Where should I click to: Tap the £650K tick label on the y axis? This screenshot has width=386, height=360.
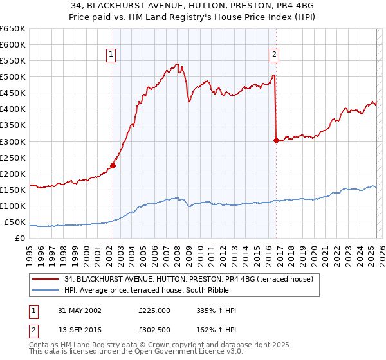coord(13,29)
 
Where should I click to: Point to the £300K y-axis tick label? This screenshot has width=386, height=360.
coord(13,141)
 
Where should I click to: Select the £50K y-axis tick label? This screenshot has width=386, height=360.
coord(15,222)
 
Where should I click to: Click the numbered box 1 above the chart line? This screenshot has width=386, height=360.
coord(111,55)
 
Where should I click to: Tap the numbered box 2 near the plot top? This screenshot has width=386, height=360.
coord(274,55)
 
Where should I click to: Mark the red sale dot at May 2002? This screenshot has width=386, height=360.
coord(113,165)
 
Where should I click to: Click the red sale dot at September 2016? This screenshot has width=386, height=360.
coord(275,140)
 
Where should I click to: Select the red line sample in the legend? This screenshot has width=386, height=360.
coord(45,279)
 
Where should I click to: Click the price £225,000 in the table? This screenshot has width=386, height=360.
coord(154,310)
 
